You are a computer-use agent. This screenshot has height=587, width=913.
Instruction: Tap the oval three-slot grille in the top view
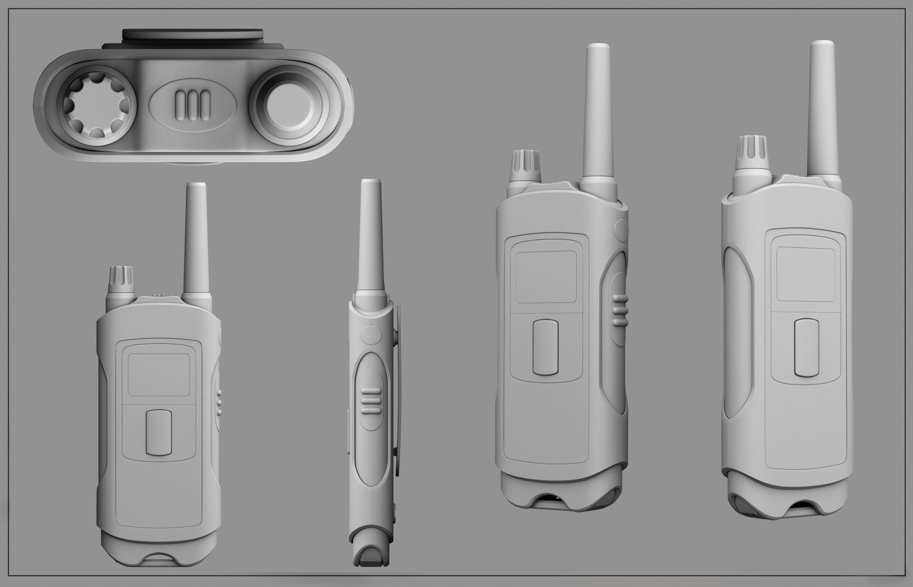(193, 102)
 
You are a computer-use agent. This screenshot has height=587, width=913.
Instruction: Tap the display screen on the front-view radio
(159, 374)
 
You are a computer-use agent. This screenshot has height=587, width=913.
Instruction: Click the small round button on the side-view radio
(370, 335)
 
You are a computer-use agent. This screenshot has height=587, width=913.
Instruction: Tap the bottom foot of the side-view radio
(371, 556)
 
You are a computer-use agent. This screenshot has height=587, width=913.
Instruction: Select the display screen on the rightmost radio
(806, 274)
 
